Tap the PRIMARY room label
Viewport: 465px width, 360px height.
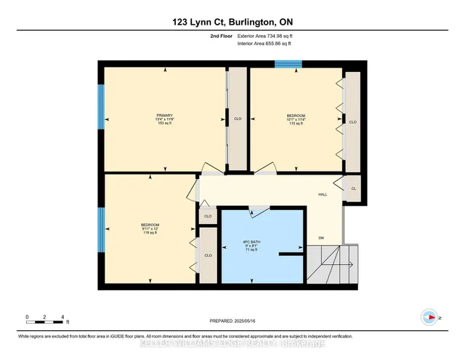tap(163, 116)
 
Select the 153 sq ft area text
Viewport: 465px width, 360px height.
tap(163, 124)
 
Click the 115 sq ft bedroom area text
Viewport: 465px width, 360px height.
tap(296, 124)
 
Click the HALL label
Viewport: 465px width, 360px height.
tap(323, 194)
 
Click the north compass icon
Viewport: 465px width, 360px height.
tap(429, 317)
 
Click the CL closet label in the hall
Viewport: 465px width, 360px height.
tap(353, 188)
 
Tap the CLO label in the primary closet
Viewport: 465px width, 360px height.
tap(237, 119)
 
